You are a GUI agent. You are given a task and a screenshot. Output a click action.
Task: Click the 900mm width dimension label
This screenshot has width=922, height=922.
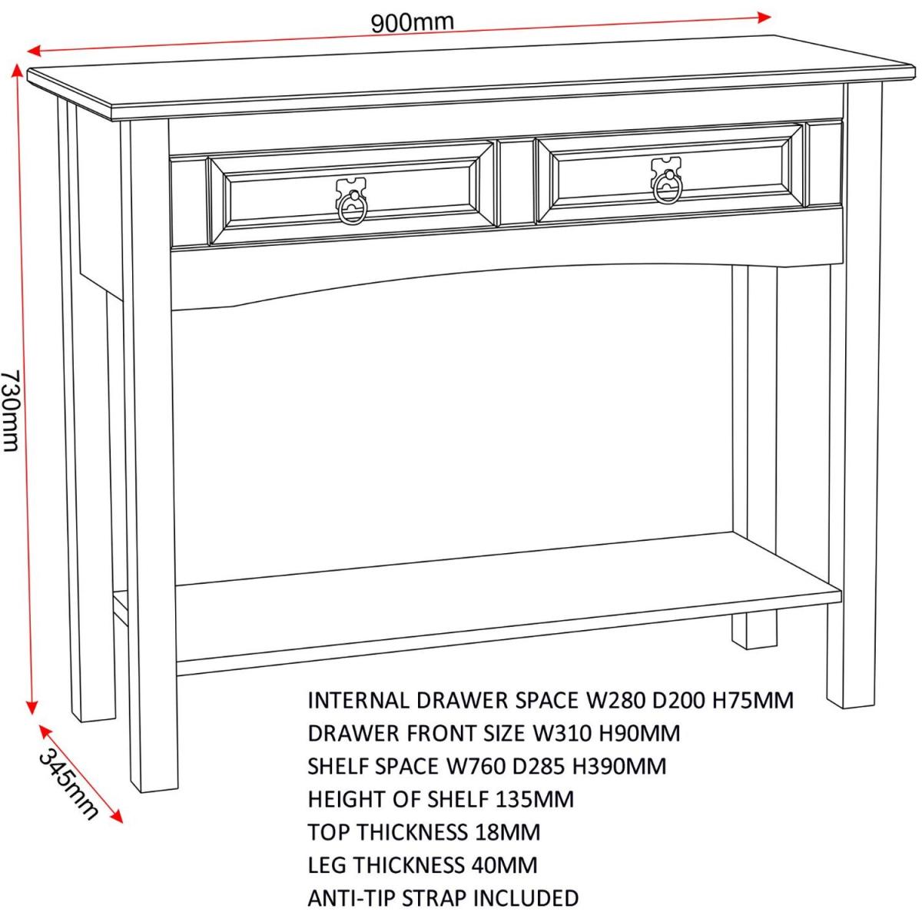(x=412, y=22)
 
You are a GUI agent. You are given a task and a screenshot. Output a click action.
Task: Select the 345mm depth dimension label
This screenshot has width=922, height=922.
(x=68, y=783)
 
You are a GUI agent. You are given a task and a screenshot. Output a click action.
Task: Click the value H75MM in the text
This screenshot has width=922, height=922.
(x=753, y=701)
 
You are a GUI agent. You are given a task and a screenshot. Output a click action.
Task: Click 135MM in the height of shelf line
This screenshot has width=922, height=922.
(x=534, y=800)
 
